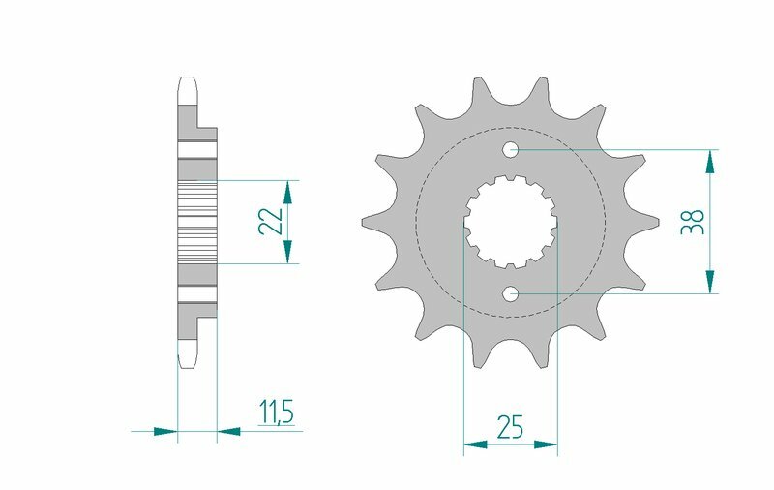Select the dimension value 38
point(693,222)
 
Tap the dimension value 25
point(511,427)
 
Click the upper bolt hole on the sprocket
point(511,149)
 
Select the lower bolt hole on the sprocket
point(511,293)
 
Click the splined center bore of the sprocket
point(510,222)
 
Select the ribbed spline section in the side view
point(197,222)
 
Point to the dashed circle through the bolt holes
point(418,222)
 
